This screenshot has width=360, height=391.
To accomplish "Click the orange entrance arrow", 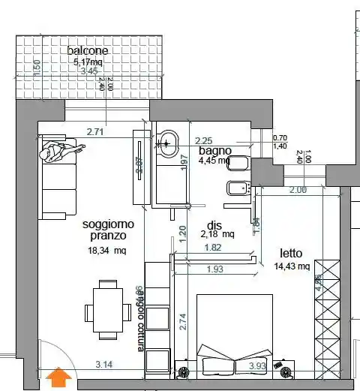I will pyautogui.click(x=58, y=377).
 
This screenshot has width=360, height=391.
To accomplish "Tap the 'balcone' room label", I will pyautogui.click(x=88, y=50).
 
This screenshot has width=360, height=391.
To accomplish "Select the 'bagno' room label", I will pyautogui.click(x=214, y=151).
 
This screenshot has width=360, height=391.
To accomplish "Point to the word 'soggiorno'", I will pyautogui.click(x=108, y=224).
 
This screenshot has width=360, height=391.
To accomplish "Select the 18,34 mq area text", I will pyautogui.click(x=108, y=251).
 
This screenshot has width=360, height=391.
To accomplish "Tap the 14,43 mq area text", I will pyautogui.click(x=292, y=266).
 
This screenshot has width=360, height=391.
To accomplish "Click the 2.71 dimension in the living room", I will pyautogui.click(x=96, y=132).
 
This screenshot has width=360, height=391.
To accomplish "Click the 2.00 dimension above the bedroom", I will pyautogui.click(x=298, y=190).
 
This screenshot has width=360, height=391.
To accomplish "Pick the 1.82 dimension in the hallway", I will pyautogui.click(x=212, y=248).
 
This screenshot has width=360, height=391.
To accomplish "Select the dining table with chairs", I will pyautogui.click(x=104, y=306).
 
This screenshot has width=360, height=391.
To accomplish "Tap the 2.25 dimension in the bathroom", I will pyautogui.click(x=205, y=140).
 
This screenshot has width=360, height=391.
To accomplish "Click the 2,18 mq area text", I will pyautogui.click(x=217, y=235).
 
